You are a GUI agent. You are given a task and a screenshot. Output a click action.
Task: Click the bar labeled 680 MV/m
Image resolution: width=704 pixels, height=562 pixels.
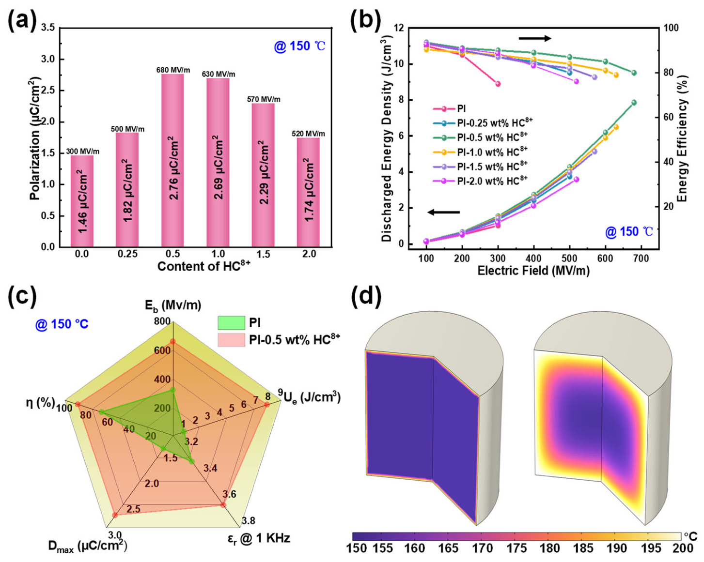(172, 160)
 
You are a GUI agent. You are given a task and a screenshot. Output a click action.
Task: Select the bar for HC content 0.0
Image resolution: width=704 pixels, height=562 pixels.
(82, 201)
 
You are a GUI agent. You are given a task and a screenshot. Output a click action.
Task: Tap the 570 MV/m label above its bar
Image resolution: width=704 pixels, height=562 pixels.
(264, 99)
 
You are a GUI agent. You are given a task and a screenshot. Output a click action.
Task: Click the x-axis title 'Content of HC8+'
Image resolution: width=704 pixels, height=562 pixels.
(204, 265)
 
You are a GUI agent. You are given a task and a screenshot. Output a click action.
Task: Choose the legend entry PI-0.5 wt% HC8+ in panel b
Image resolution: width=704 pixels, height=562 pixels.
(481, 137)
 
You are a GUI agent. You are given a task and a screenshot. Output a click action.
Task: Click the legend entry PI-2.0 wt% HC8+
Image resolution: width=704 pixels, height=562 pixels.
(481, 181)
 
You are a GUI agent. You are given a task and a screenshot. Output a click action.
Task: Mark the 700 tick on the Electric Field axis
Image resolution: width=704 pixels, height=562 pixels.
(641, 258)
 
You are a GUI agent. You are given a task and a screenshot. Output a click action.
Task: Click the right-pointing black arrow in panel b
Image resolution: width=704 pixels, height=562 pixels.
(535, 38)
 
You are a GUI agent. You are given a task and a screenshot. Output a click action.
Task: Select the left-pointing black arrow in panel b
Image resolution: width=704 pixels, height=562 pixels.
(444, 213)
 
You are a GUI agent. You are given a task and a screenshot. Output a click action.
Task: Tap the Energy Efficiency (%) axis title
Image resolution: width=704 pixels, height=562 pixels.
(682, 138)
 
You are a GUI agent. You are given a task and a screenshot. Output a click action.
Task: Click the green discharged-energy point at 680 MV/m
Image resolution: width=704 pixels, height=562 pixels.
(634, 103)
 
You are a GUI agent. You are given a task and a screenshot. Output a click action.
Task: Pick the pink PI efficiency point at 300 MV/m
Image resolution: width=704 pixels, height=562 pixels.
(498, 84)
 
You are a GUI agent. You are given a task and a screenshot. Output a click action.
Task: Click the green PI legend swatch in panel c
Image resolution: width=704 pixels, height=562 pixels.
(231, 323)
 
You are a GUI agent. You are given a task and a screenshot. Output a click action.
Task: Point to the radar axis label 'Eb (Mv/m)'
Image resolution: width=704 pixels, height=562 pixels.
(173, 305)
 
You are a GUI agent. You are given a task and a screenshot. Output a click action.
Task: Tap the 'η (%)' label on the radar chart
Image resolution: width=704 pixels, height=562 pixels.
(40, 403)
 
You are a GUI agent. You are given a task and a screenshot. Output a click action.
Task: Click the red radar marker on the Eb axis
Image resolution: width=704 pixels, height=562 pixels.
(172, 341)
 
